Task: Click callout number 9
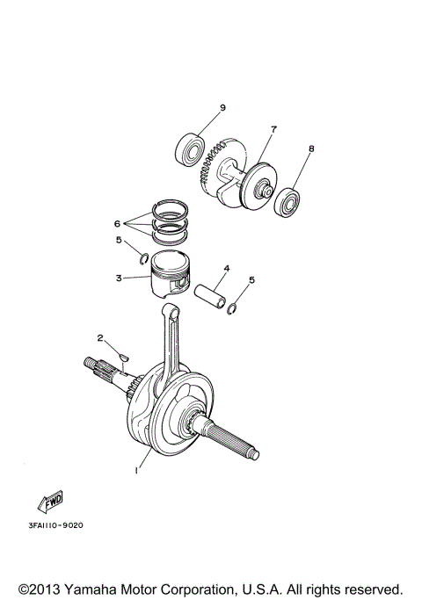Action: click(222, 108)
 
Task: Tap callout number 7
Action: click(273, 129)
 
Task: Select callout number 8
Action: click(310, 149)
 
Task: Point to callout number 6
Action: click(117, 224)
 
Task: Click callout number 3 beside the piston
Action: click(119, 278)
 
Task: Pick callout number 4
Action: click(226, 268)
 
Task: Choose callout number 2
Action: click(101, 337)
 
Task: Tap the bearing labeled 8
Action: click(288, 204)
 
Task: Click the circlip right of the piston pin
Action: click(233, 307)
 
